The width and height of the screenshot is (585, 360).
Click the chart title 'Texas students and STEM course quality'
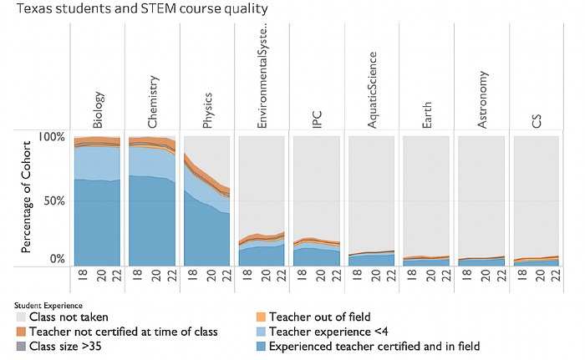click(x=142, y=8)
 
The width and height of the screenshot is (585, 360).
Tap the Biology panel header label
click(x=98, y=110)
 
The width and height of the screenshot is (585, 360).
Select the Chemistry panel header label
click(x=153, y=102)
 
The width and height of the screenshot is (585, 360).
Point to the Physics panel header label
click(x=207, y=110)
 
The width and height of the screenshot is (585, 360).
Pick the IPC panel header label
click(x=317, y=119)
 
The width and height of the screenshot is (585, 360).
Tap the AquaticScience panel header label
click(x=372, y=90)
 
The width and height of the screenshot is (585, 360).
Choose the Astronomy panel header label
click(x=482, y=99)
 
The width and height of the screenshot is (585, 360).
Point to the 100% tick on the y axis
click(x=51, y=137)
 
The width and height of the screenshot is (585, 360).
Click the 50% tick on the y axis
click(x=55, y=201)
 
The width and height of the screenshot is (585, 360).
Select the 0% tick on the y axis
click(x=58, y=259)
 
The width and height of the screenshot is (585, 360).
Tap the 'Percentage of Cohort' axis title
click(x=26, y=196)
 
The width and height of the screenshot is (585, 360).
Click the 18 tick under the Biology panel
click(x=83, y=275)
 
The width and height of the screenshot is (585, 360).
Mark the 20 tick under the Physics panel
click(x=211, y=276)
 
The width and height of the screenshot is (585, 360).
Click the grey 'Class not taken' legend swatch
click(x=21, y=317)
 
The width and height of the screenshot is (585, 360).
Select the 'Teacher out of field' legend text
click(x=320, y=317)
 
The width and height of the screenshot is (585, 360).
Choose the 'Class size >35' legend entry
click(x=59, y=346)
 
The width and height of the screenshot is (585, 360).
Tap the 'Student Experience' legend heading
click(x=48, y=306)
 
